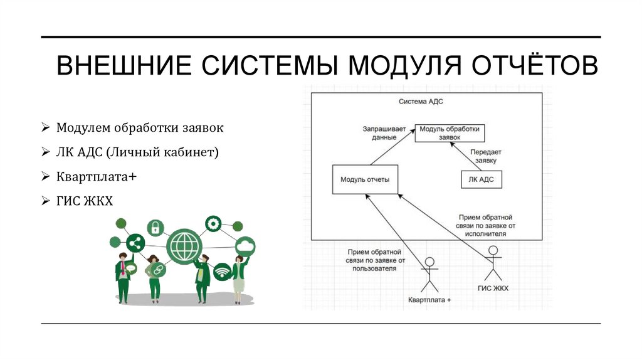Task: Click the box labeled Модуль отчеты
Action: point(365,179)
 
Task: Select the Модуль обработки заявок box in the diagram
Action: point(450,132)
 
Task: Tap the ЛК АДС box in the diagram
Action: point(481,179)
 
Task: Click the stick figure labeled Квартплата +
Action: point(429,274)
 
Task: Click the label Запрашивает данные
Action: point(379,132)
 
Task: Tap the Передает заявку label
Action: point(487,156)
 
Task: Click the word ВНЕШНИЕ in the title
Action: point(123,66)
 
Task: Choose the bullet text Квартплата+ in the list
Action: point(97,177)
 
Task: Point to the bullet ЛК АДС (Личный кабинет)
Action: point(137,152)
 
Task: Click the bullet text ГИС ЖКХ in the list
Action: point(85,201)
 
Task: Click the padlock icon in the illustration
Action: point(155,227)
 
